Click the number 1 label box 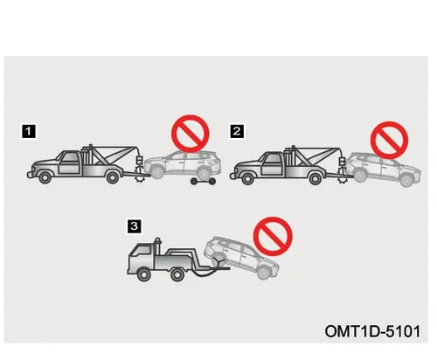tap(29, 132)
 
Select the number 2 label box tap(237, 131)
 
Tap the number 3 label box tap(135, 226)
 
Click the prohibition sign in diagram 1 tap(191, 134)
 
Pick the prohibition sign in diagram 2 tap(389, 140)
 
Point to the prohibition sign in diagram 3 tap(273, 236)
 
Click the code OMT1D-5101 tap(372, 331)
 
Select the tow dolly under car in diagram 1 tap(204, 182)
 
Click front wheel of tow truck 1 tap(45, 177)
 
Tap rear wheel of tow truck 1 tap(113, 177)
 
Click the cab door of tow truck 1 tap(69, 163)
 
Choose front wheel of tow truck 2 tap(247, 178)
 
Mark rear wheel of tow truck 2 tap(316, 178)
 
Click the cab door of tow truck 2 tap(272, 164)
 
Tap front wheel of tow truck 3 tap(143, 274)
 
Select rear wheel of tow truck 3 tap(177, 274)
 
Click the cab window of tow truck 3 tap(145, 250)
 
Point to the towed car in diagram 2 tap(383, 170)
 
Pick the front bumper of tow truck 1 tap(30, 175)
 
